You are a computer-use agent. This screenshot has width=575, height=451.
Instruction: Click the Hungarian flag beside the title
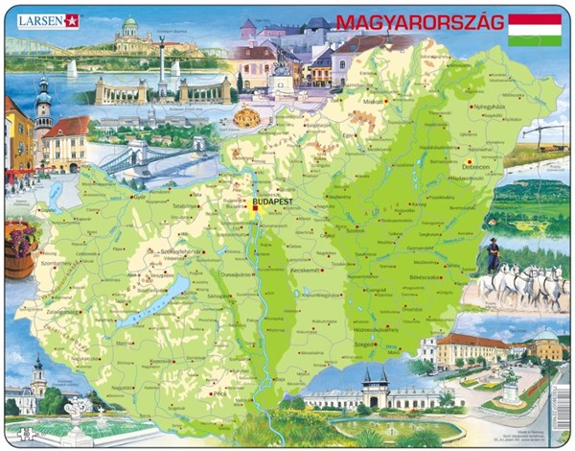click(x=535, y=29)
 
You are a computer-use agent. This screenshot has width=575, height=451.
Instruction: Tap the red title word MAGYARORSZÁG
click(x=419, y=22)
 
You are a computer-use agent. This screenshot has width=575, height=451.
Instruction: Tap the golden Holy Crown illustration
click(x=247, y=117)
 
